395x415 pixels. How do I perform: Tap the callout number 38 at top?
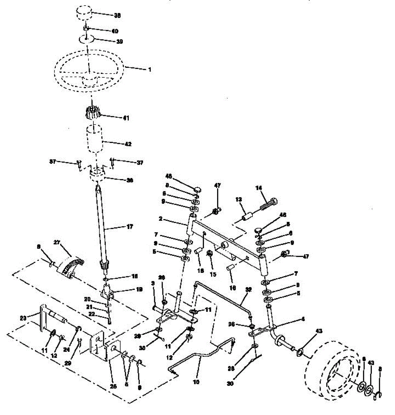click(118, 16)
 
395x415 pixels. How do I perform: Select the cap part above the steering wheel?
click(84, 15)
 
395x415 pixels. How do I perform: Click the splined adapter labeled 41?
click(92, 112)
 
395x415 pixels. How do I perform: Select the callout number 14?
click(259, 188)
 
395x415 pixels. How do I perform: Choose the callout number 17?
click(129, 227)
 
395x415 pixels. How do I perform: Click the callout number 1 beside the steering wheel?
click(150, 69)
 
